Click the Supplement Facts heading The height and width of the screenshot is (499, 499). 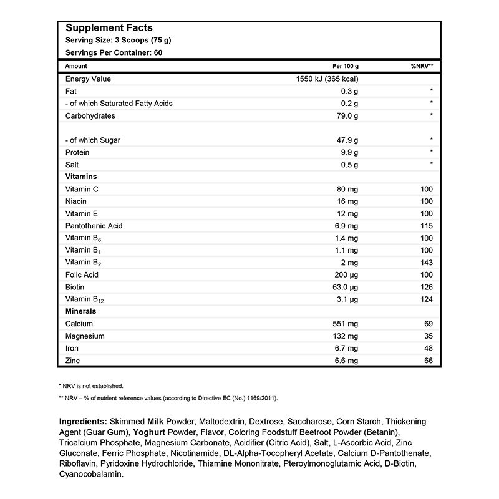[x=109, y=28]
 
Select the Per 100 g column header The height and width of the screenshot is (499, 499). [x=347, y=66]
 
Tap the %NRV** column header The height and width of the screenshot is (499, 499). [x=422, y=66]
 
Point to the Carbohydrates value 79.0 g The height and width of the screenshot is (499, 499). [x=347, y=116]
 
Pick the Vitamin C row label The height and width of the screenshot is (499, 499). [x=82, y=189]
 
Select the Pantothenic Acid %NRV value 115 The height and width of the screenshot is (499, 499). [x=426, y=226]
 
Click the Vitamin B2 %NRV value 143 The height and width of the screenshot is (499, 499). [x=426, y=263]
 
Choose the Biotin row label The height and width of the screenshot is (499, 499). [x=75, y=287]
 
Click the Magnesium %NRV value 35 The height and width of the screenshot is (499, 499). [x=428, y=336]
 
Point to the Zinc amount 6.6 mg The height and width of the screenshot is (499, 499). [x=347, y=361]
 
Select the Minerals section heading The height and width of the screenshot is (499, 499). [x=80, y=311]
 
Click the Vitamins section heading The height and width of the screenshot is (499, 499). [x=80, y=177]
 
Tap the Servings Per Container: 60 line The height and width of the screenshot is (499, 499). [x=114, y=52]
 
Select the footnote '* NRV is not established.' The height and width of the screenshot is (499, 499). [x=90, y=385]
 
